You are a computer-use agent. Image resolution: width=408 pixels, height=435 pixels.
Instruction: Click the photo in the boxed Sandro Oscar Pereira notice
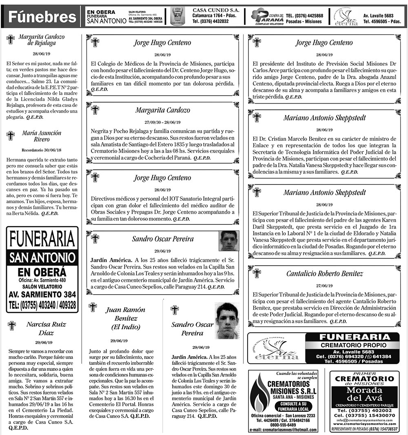pyautogui.click(x=229, y=241)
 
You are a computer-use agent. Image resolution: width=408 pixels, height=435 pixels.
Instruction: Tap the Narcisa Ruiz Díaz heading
pyautogui.click(x=46, y=328)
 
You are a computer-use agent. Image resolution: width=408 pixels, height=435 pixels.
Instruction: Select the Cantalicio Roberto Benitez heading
pyautogui.click(x=324, y=273)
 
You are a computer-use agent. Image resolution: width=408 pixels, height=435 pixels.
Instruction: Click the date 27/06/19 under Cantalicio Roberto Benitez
pyautogui.click(x=324, y=285)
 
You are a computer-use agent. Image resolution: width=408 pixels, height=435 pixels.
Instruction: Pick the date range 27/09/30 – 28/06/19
pyautogui.click(x=162, y=122)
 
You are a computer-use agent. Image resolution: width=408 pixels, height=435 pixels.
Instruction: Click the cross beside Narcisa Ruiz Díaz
pyautogui.click(x=11, y=325)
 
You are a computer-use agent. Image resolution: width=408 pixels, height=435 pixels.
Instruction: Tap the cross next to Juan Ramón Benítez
pyautogui.click(x=93, y=307)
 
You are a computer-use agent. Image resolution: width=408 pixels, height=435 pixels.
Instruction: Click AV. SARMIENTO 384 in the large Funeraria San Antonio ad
pyautogui.click(x=42, y=294)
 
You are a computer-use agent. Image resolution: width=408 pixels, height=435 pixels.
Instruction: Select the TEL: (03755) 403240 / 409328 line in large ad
pyautogui.click(x=42, y=304)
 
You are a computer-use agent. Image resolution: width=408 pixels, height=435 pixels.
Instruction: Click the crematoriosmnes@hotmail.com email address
pyautogui.click(x=284, y=430)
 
